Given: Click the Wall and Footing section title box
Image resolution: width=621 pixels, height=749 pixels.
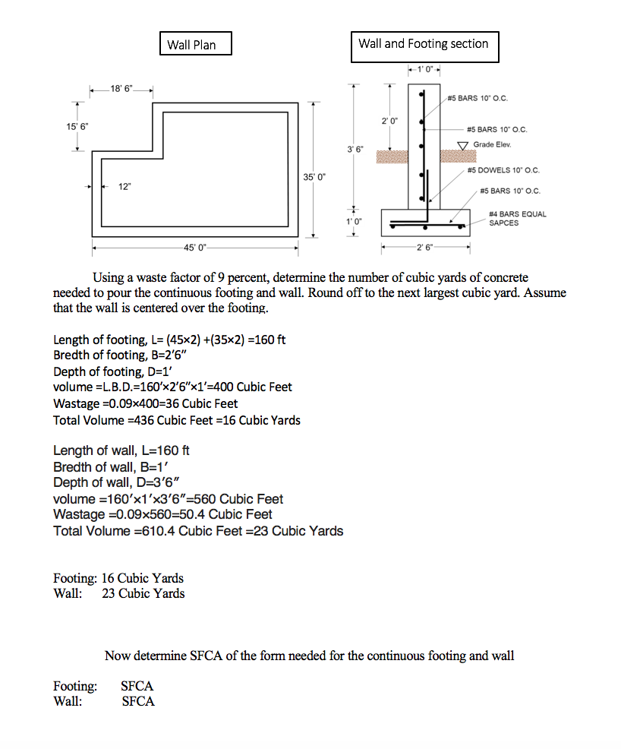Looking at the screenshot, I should [424, 44].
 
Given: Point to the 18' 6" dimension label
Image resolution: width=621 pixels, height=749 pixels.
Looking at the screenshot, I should [121, 90].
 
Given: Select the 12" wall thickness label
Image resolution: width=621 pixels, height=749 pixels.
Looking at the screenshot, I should [123, 187].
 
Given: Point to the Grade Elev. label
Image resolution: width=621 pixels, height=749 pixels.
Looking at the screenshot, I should [493, 144].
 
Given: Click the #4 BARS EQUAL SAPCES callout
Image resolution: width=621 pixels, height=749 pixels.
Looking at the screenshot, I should [517, 218].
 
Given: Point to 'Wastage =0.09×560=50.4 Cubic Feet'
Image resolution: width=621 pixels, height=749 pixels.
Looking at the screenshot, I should [162, 514].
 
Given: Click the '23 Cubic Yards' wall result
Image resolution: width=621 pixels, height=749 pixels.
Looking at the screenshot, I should [143, 593].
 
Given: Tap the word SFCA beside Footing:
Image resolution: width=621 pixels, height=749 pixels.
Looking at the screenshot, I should [137, 686].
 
